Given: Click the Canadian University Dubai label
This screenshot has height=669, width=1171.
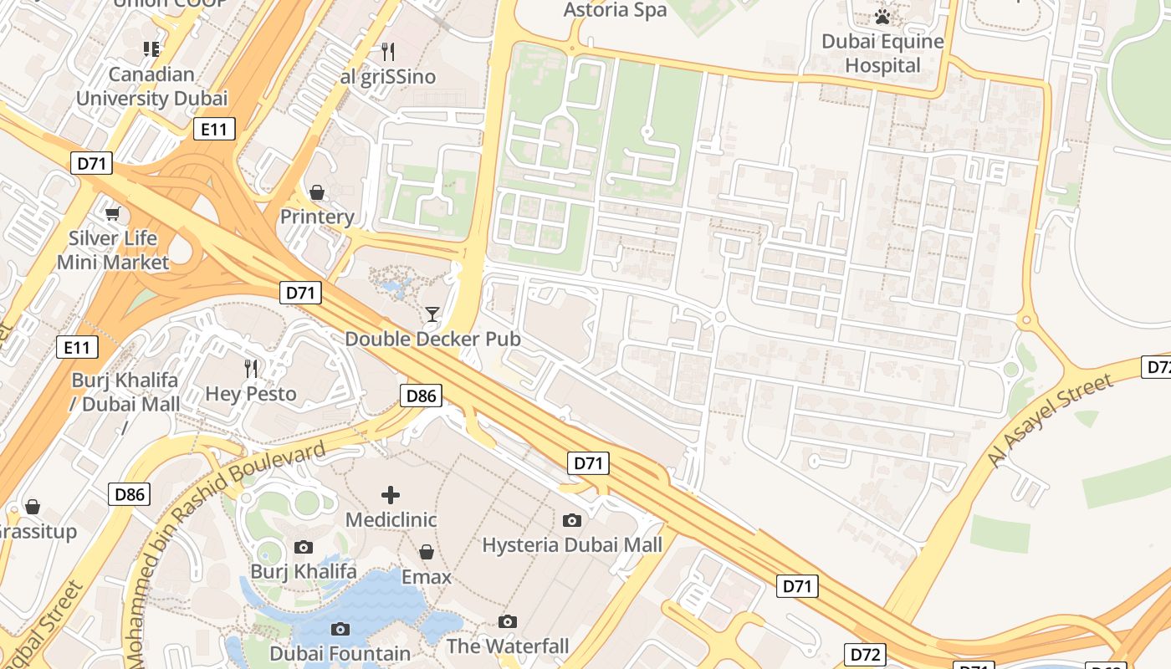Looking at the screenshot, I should point(151,86).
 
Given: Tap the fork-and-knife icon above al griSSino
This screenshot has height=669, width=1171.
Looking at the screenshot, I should point(388,52).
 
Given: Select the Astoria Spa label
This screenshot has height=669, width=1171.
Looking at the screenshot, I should point(616,10).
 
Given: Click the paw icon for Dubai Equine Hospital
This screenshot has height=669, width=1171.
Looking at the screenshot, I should point(882,17).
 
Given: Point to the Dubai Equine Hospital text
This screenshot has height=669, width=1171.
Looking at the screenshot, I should point(882,54).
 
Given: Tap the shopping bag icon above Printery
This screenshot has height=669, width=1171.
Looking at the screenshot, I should point(317,193).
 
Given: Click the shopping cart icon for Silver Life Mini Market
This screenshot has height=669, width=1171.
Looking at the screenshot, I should point(113,214).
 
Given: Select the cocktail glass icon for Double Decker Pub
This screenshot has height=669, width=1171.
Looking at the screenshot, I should point(432,314).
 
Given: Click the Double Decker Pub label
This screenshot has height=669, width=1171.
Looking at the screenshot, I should point(432,339).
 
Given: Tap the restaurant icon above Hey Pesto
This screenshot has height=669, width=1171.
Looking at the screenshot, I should point(250,368).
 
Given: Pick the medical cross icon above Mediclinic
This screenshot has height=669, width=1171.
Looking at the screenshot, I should point(391,494).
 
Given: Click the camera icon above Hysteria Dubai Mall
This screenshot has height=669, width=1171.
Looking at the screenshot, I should point(572,520).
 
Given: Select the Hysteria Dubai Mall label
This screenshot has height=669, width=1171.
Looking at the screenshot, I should point(572,545).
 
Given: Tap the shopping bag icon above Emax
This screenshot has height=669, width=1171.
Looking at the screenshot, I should point(427,552).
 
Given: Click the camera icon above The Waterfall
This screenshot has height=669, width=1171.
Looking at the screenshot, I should point(508,621).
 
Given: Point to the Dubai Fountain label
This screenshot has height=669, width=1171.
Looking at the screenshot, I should point(340,653).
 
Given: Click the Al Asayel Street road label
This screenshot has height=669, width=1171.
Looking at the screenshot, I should point(1051,421).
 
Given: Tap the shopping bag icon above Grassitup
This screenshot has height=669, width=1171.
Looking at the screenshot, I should point(33,507).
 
